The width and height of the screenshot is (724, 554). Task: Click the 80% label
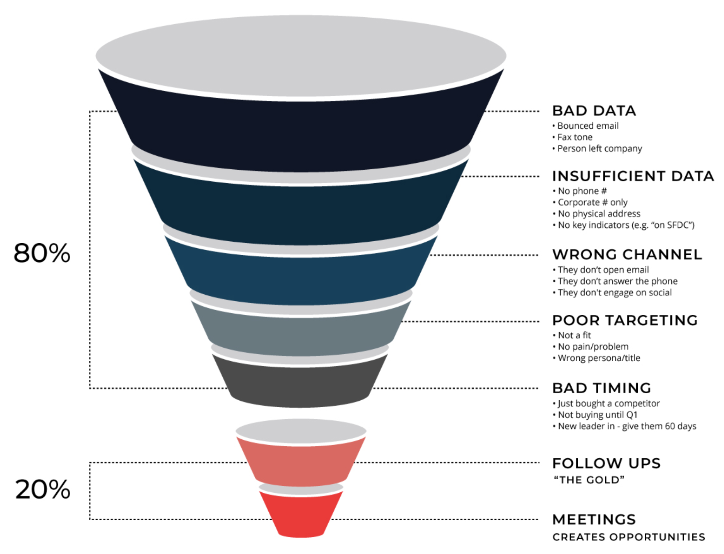pos(42,253)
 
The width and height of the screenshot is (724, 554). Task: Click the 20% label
pos(43,490)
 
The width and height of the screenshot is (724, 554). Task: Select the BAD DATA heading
pos(594,111)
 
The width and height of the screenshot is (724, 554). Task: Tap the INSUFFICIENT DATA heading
pos(633,176)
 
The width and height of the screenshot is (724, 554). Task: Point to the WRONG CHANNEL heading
pos(627,255)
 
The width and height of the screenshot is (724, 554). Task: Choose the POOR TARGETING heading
pos(625,321)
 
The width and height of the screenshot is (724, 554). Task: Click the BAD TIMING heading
pos(602,388)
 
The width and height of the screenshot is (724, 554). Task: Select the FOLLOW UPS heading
pos(606,464)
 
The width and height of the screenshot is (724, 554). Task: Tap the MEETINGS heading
pos(594,520)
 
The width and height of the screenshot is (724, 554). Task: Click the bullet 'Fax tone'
pos(574,137)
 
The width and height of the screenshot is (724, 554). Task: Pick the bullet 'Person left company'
pos(599,149)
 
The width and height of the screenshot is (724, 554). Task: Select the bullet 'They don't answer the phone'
pos(617,282)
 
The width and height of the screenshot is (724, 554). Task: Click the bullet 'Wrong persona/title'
pos(599,358)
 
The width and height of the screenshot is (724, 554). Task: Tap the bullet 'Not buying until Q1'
pos(597,415)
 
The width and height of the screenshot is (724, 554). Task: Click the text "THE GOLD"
pos(589,480)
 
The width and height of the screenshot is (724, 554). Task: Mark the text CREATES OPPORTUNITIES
pos(629,537)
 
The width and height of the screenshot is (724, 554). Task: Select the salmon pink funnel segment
pos(301,462)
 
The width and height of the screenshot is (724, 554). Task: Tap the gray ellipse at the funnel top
pos(301,55)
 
